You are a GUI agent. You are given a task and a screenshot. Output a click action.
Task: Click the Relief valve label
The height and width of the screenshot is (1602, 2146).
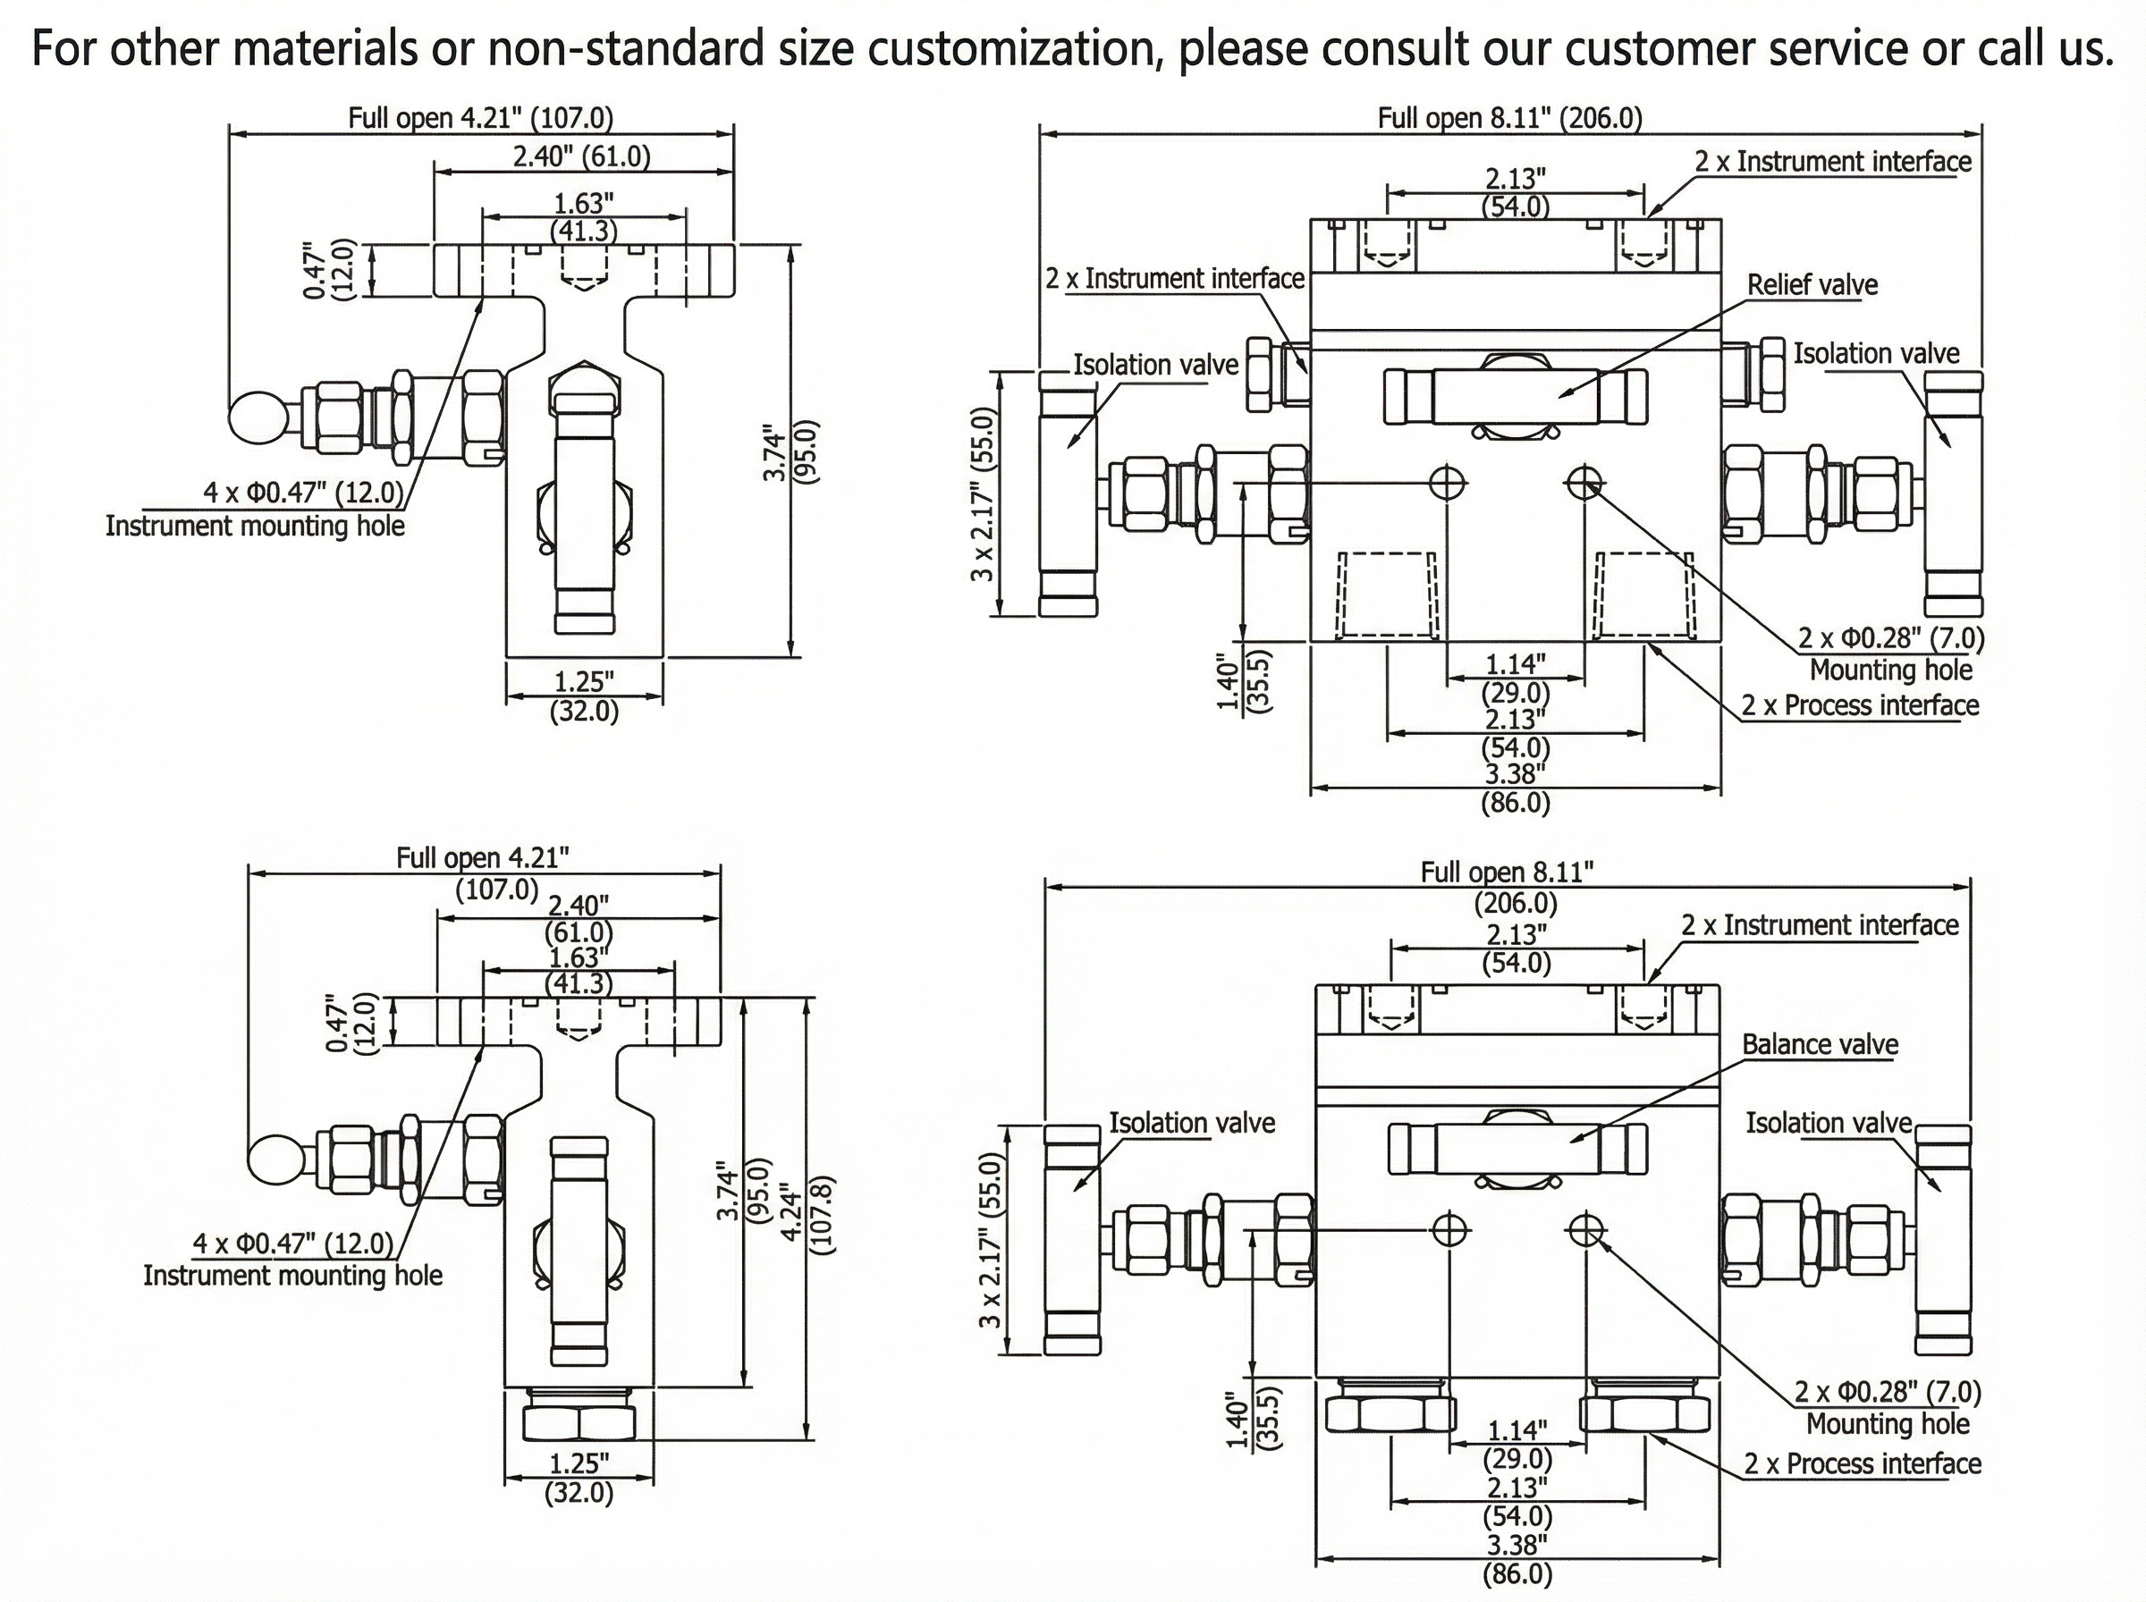(1812, 285)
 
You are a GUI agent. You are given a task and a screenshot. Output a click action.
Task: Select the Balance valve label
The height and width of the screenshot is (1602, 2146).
(1820, 1044)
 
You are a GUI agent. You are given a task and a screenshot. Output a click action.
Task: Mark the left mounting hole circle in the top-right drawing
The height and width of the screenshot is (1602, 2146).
(1449, 482)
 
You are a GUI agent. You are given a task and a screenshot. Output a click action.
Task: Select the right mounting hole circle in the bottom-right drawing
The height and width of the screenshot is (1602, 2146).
(1585, 1229)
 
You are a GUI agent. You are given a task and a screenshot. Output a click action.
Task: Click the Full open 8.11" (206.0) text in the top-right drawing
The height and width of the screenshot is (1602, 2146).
(1510, 118)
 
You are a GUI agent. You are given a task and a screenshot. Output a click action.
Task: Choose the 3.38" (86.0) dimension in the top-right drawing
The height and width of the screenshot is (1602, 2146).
(1515, 788)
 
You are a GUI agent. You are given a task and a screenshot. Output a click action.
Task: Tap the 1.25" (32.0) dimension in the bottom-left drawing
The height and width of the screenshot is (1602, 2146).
(579, 1478)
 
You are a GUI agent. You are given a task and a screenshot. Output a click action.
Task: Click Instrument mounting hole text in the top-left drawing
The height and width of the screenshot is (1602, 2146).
(255, 526)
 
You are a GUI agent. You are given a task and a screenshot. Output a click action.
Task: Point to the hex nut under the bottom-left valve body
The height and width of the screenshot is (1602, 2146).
(579, 1422)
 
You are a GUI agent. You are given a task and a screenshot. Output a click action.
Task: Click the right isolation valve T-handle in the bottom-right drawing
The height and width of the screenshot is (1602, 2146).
(1943, 1240)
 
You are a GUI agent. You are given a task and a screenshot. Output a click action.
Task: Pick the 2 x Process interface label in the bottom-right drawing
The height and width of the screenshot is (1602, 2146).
(1862, 1464)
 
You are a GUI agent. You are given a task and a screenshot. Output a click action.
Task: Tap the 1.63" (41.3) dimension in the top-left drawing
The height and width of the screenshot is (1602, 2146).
(584, 216)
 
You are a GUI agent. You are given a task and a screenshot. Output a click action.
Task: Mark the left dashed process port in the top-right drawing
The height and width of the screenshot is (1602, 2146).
(1387, 594)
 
